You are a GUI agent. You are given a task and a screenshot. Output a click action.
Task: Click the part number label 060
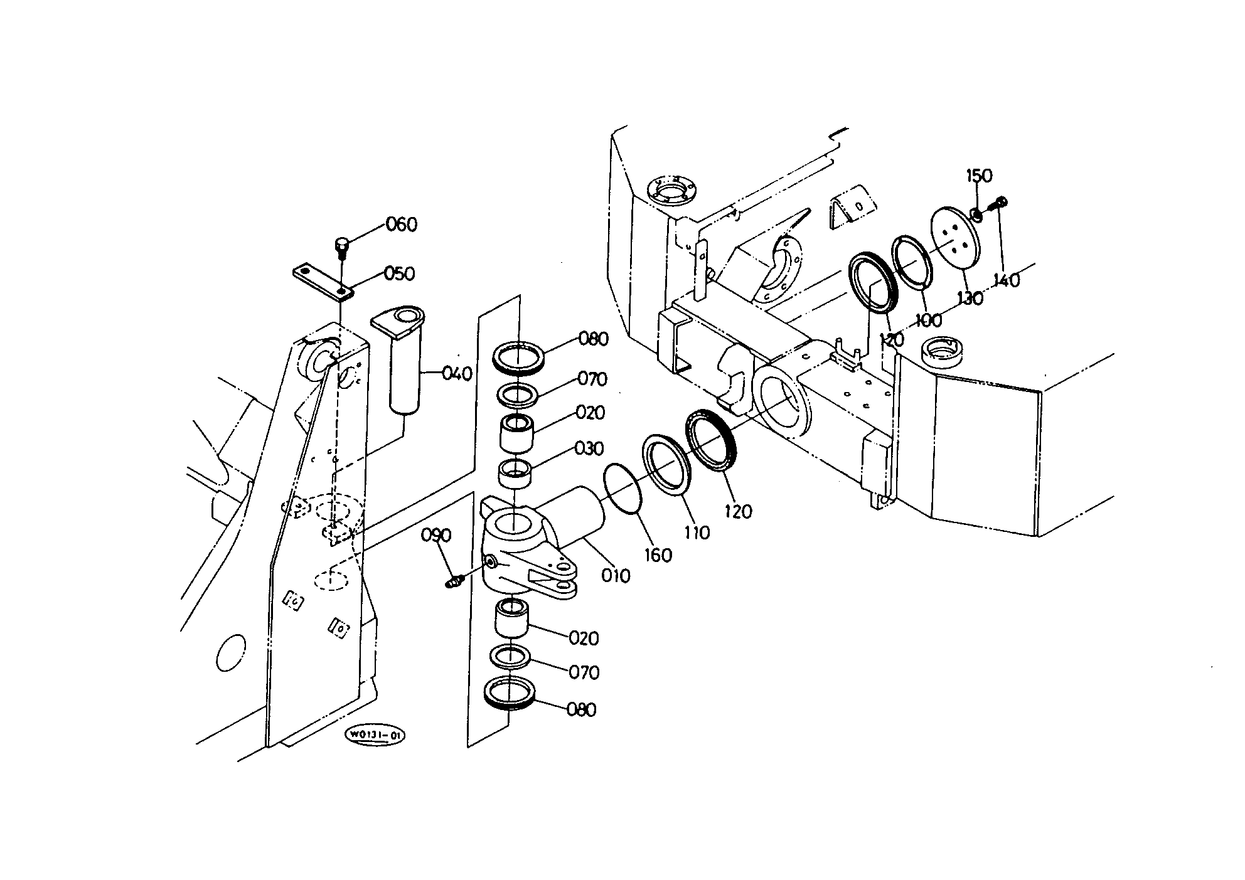401,224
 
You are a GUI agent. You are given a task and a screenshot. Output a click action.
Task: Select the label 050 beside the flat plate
399,274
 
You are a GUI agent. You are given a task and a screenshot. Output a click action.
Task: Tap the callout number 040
457,374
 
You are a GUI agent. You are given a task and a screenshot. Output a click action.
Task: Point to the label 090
436,535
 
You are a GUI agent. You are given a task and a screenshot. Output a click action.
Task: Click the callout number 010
616,576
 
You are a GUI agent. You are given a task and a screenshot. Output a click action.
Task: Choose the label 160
658,555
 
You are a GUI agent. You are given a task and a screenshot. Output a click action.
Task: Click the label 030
589,449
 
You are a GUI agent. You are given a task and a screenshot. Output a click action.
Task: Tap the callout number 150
979,176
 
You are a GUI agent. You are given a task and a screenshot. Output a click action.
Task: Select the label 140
1007,280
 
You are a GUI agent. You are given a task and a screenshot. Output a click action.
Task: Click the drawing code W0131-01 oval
375,736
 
